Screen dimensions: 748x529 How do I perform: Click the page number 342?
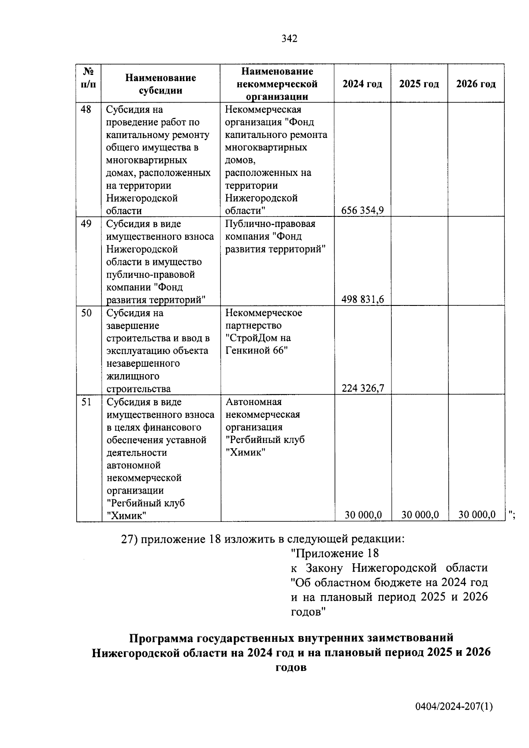coord(289,39)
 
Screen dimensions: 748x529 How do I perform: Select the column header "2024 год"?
coord(362,84)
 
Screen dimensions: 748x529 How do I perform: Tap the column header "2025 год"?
coord(419,84)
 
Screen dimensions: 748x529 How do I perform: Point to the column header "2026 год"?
coord(476,84)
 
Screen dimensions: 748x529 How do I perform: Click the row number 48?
coord(86,109)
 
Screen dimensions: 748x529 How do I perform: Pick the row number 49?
coord(86,224)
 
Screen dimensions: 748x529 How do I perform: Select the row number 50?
coord(86,313)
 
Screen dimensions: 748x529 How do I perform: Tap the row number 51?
coord(86,402)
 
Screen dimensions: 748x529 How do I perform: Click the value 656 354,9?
coord(362,211)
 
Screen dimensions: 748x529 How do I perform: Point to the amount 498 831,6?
coord(362,300)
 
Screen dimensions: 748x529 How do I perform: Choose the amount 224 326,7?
coord(362,388)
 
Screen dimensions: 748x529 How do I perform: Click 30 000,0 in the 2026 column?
coord(477,515)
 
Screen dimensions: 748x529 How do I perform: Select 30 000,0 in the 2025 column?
coord(420,515)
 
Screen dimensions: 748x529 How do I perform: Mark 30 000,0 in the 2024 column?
coord(363,515)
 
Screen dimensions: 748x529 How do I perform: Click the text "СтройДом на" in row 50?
coord(258,339)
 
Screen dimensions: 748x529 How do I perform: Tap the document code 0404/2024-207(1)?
coord(454,707)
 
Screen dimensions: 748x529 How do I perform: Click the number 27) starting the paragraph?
coord(129,539)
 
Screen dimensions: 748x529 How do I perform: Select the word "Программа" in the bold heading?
coord(161,638)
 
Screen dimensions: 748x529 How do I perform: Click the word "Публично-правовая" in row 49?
coord(270,224)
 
